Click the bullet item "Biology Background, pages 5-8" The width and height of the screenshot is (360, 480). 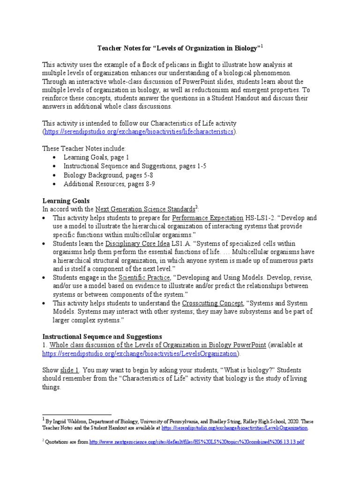(108, 175)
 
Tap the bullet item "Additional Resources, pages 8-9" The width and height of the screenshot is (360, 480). (109, 184)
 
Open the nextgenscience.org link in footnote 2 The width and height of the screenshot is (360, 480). (197, 442)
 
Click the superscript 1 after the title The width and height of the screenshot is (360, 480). (262, 45)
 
